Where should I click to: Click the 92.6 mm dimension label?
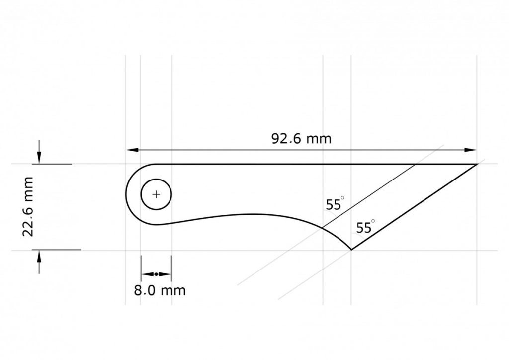pos(301,138)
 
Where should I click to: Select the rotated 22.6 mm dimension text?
pos(28,206)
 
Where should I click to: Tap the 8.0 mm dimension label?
pos(160,290)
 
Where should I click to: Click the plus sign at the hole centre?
pos(156,194)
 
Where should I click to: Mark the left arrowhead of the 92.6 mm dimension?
pos(131,150)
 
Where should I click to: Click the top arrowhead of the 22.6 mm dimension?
pos(39,158)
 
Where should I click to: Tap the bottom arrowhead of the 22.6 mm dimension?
pos(39,256)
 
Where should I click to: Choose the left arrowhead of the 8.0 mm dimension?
pos(145,274)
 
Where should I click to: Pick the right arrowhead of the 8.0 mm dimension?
pos(168,274)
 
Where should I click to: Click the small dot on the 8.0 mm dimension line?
pos(156,274)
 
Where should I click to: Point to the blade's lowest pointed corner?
pos(351,249)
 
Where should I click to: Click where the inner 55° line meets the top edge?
pos(416,164)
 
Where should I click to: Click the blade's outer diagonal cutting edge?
pos(414,206)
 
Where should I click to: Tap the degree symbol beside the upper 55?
pos(342,199)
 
